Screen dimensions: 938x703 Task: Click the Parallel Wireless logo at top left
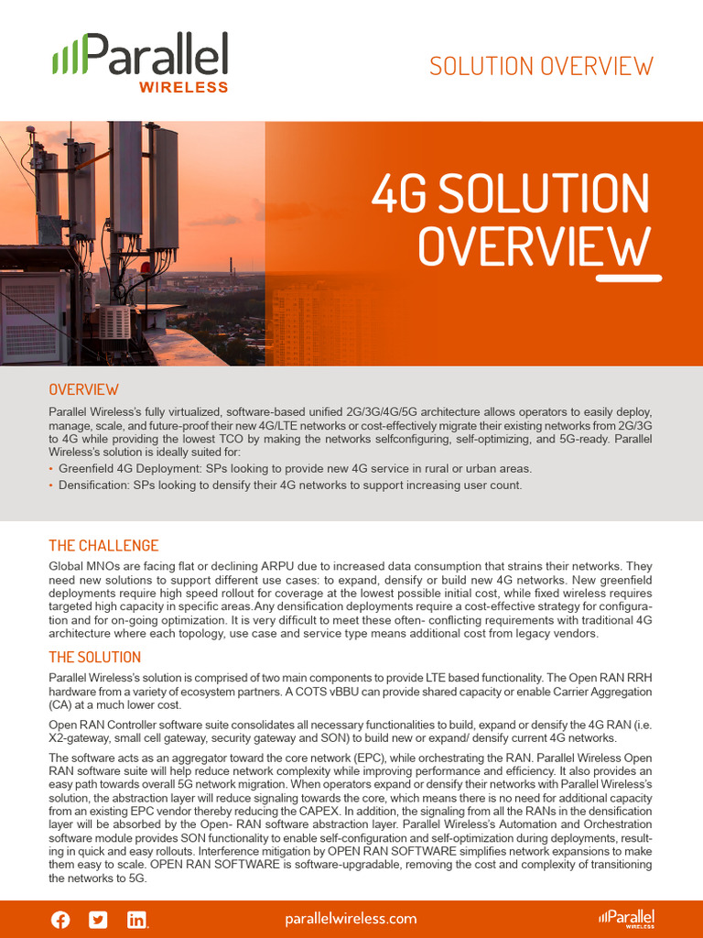pyautogui.click(x=140, y=61)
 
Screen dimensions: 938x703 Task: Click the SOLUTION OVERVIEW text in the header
pyautogui.click(x=541, y=66)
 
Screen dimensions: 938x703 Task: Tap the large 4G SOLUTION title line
pyautogui.click(x=510, y=194)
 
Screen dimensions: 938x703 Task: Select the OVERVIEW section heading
pyautogui.click(x=83, y=389)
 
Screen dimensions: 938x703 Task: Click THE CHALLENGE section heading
pyautogui.click(x=103, y=546)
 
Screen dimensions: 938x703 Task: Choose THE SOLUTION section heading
pyautogui.click(x=94, y=657)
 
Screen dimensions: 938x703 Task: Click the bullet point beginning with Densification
pyautogui.click(x=290, y=485)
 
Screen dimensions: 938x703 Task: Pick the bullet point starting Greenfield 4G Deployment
pyautogui.click(x=295, y=468)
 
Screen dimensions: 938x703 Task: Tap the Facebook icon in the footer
pyautogui.click(x=60, y=920)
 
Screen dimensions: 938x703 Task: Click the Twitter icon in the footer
pyautogui.click(x=98, y=920)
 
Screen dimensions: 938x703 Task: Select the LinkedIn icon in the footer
pyautogui.click(x=136, y=920)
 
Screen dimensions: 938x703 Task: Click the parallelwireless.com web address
pyautogui.click(x=351, y=919)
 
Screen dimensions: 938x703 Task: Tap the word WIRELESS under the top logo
pyautogui.click(x=183, y=88)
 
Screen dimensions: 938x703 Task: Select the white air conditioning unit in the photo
pyautogui.click(x=115, y=322)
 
